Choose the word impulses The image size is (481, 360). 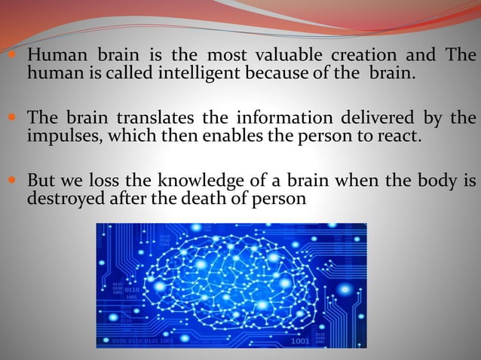pyautogui.click(x=61, y=136)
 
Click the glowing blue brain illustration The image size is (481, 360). pyautogui.click(x=231, y=285)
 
